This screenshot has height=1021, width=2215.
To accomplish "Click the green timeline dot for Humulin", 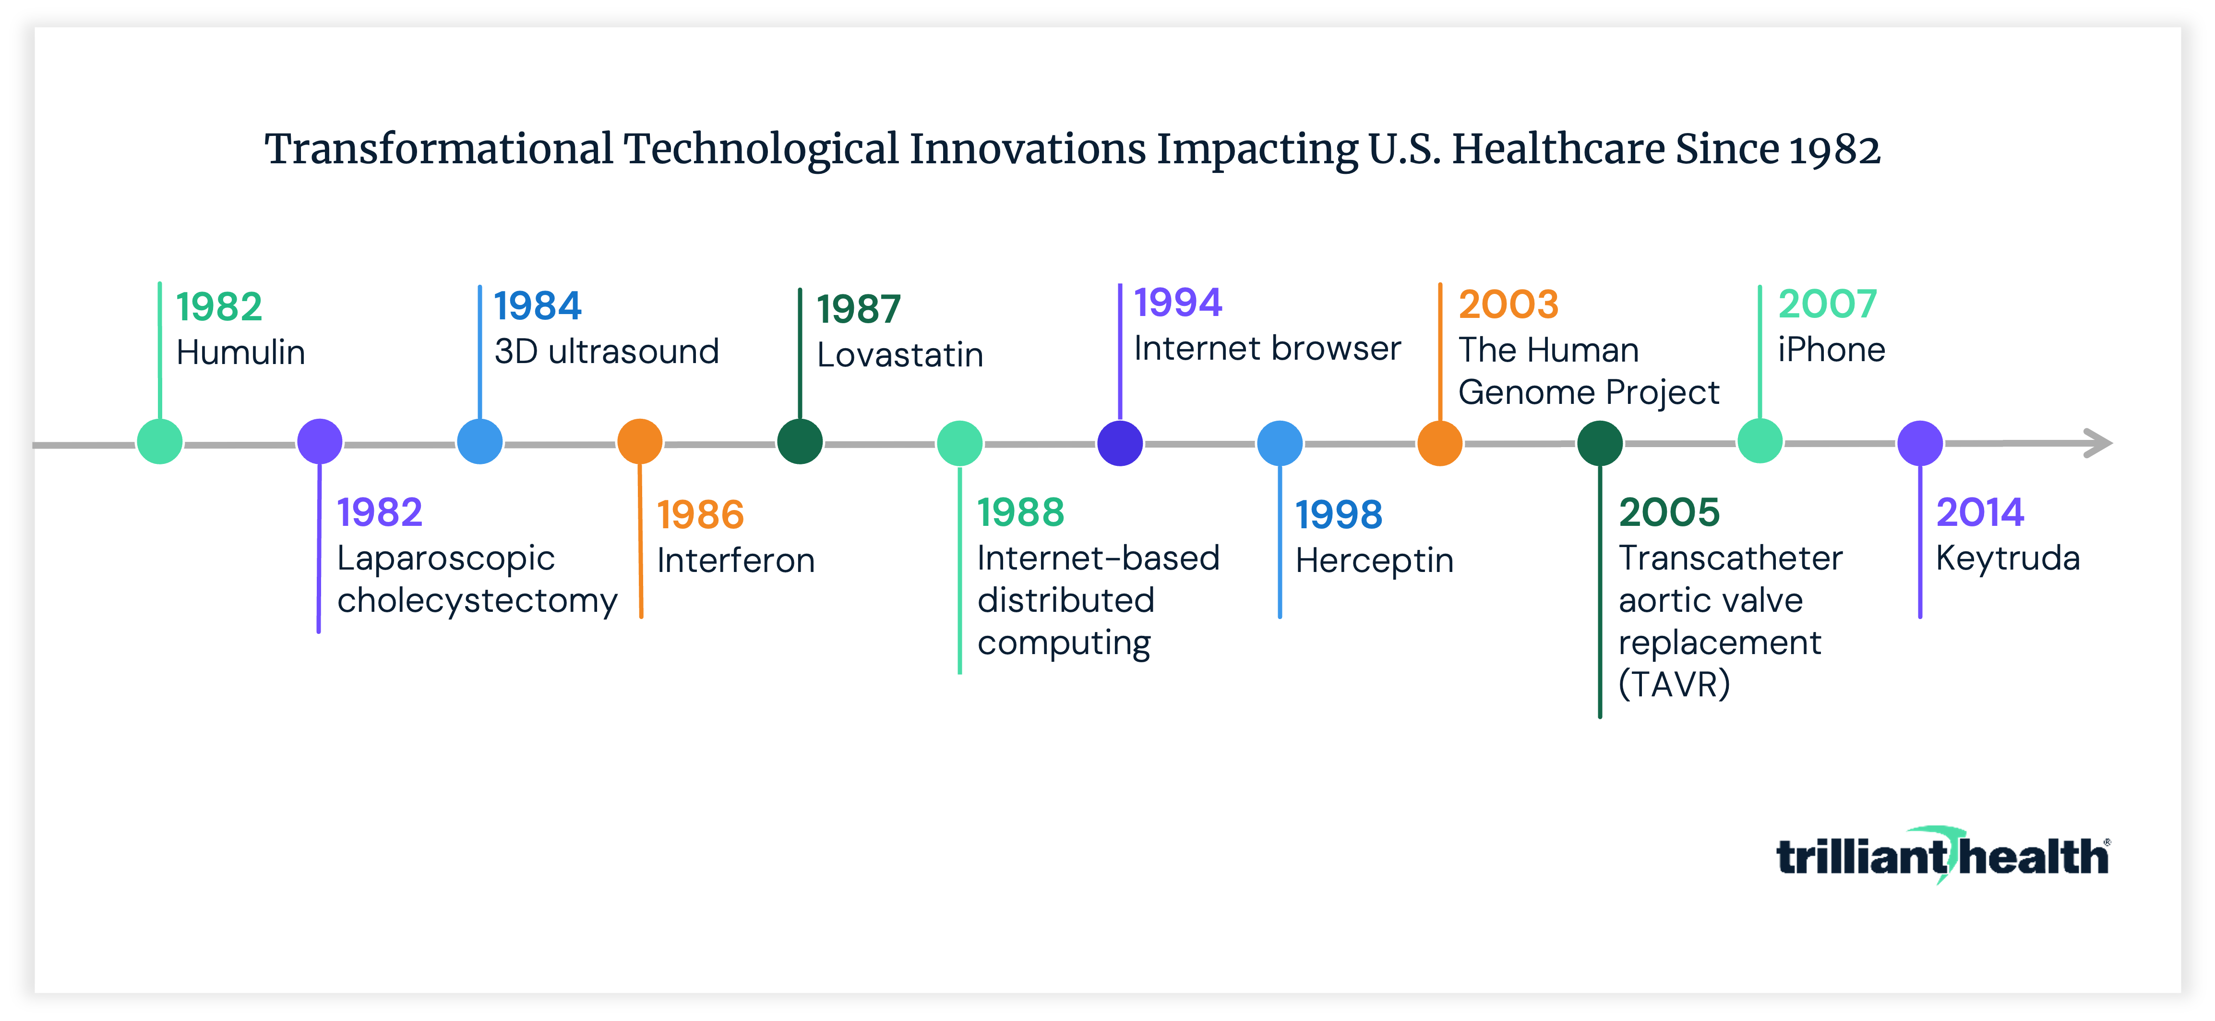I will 160,442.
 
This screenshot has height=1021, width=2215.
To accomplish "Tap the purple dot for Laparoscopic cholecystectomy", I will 320,442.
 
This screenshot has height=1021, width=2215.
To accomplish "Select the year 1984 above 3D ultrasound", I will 538,306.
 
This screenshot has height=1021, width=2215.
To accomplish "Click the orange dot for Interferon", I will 640,442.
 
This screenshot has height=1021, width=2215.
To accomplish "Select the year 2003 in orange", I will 1508,304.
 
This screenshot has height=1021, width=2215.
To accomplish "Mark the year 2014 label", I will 1979,512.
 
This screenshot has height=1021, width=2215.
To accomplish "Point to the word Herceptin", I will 1374,561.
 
